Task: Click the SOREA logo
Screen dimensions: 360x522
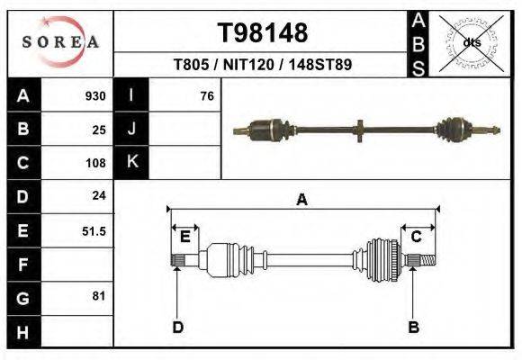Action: [x=60, y=42]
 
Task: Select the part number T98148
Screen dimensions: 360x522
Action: [x=263, y=33]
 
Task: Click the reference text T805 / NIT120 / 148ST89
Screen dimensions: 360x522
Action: [x=263, y=65]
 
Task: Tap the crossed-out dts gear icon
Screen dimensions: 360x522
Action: [x=471, y=42]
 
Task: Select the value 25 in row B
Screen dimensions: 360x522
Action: [x=99, y=130]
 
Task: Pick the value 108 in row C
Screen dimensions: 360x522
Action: [x=95, y=164]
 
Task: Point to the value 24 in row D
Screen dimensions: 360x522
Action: [x=99, y=195]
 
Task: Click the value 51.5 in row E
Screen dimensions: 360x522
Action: [x=94, y=231]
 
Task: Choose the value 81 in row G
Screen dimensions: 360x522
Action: [x=99, y=296]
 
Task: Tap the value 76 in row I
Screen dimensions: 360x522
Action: [x=206, y=96]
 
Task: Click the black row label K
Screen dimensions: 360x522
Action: [x=131, y=162]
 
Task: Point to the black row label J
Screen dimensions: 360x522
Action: [x=131, y=129]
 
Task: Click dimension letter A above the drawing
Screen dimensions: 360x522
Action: [x=302, y=201]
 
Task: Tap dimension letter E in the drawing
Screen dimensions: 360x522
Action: [x=184, y=237]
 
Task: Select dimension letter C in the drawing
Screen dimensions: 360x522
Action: [x=417, y=237]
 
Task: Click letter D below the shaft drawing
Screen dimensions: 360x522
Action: [x=177, y=327]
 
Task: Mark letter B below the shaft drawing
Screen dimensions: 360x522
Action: [x=413, y=327]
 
